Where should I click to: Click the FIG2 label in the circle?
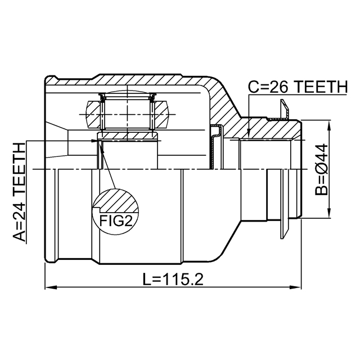(116, 220)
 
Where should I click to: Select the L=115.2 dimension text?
(173, 279)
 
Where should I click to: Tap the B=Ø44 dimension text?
(321, 169)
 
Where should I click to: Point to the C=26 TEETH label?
(298, 87)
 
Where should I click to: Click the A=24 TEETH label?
(19, 192)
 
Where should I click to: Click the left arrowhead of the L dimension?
(51, 287)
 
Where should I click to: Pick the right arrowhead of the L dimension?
(295, 287)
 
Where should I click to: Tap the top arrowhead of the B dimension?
(330, 126)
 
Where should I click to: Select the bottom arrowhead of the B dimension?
(330, 211)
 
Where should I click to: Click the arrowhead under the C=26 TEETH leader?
(249, 134)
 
